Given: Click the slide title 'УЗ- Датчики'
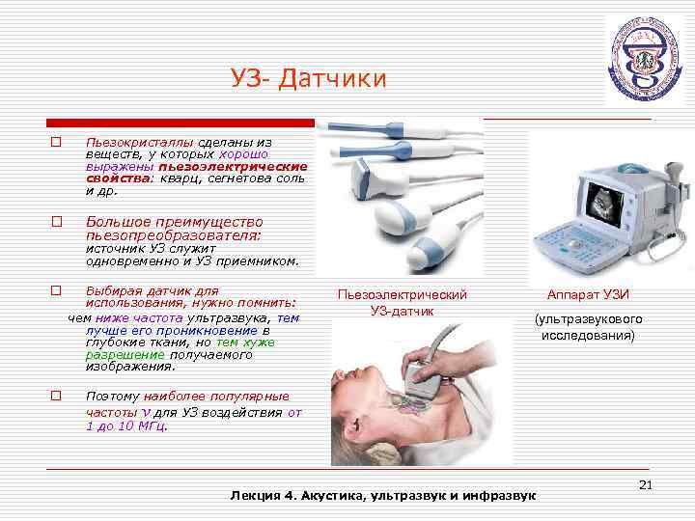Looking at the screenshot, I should coord(308,78).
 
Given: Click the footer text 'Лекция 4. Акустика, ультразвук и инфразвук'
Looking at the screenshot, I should coord(382,495).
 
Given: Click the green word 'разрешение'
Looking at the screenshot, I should coord(116,354).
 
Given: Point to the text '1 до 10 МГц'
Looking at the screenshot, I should coord(125,425).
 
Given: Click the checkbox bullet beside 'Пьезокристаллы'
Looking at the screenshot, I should coord(56,142).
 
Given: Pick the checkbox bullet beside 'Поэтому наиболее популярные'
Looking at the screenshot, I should coord(56,396).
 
